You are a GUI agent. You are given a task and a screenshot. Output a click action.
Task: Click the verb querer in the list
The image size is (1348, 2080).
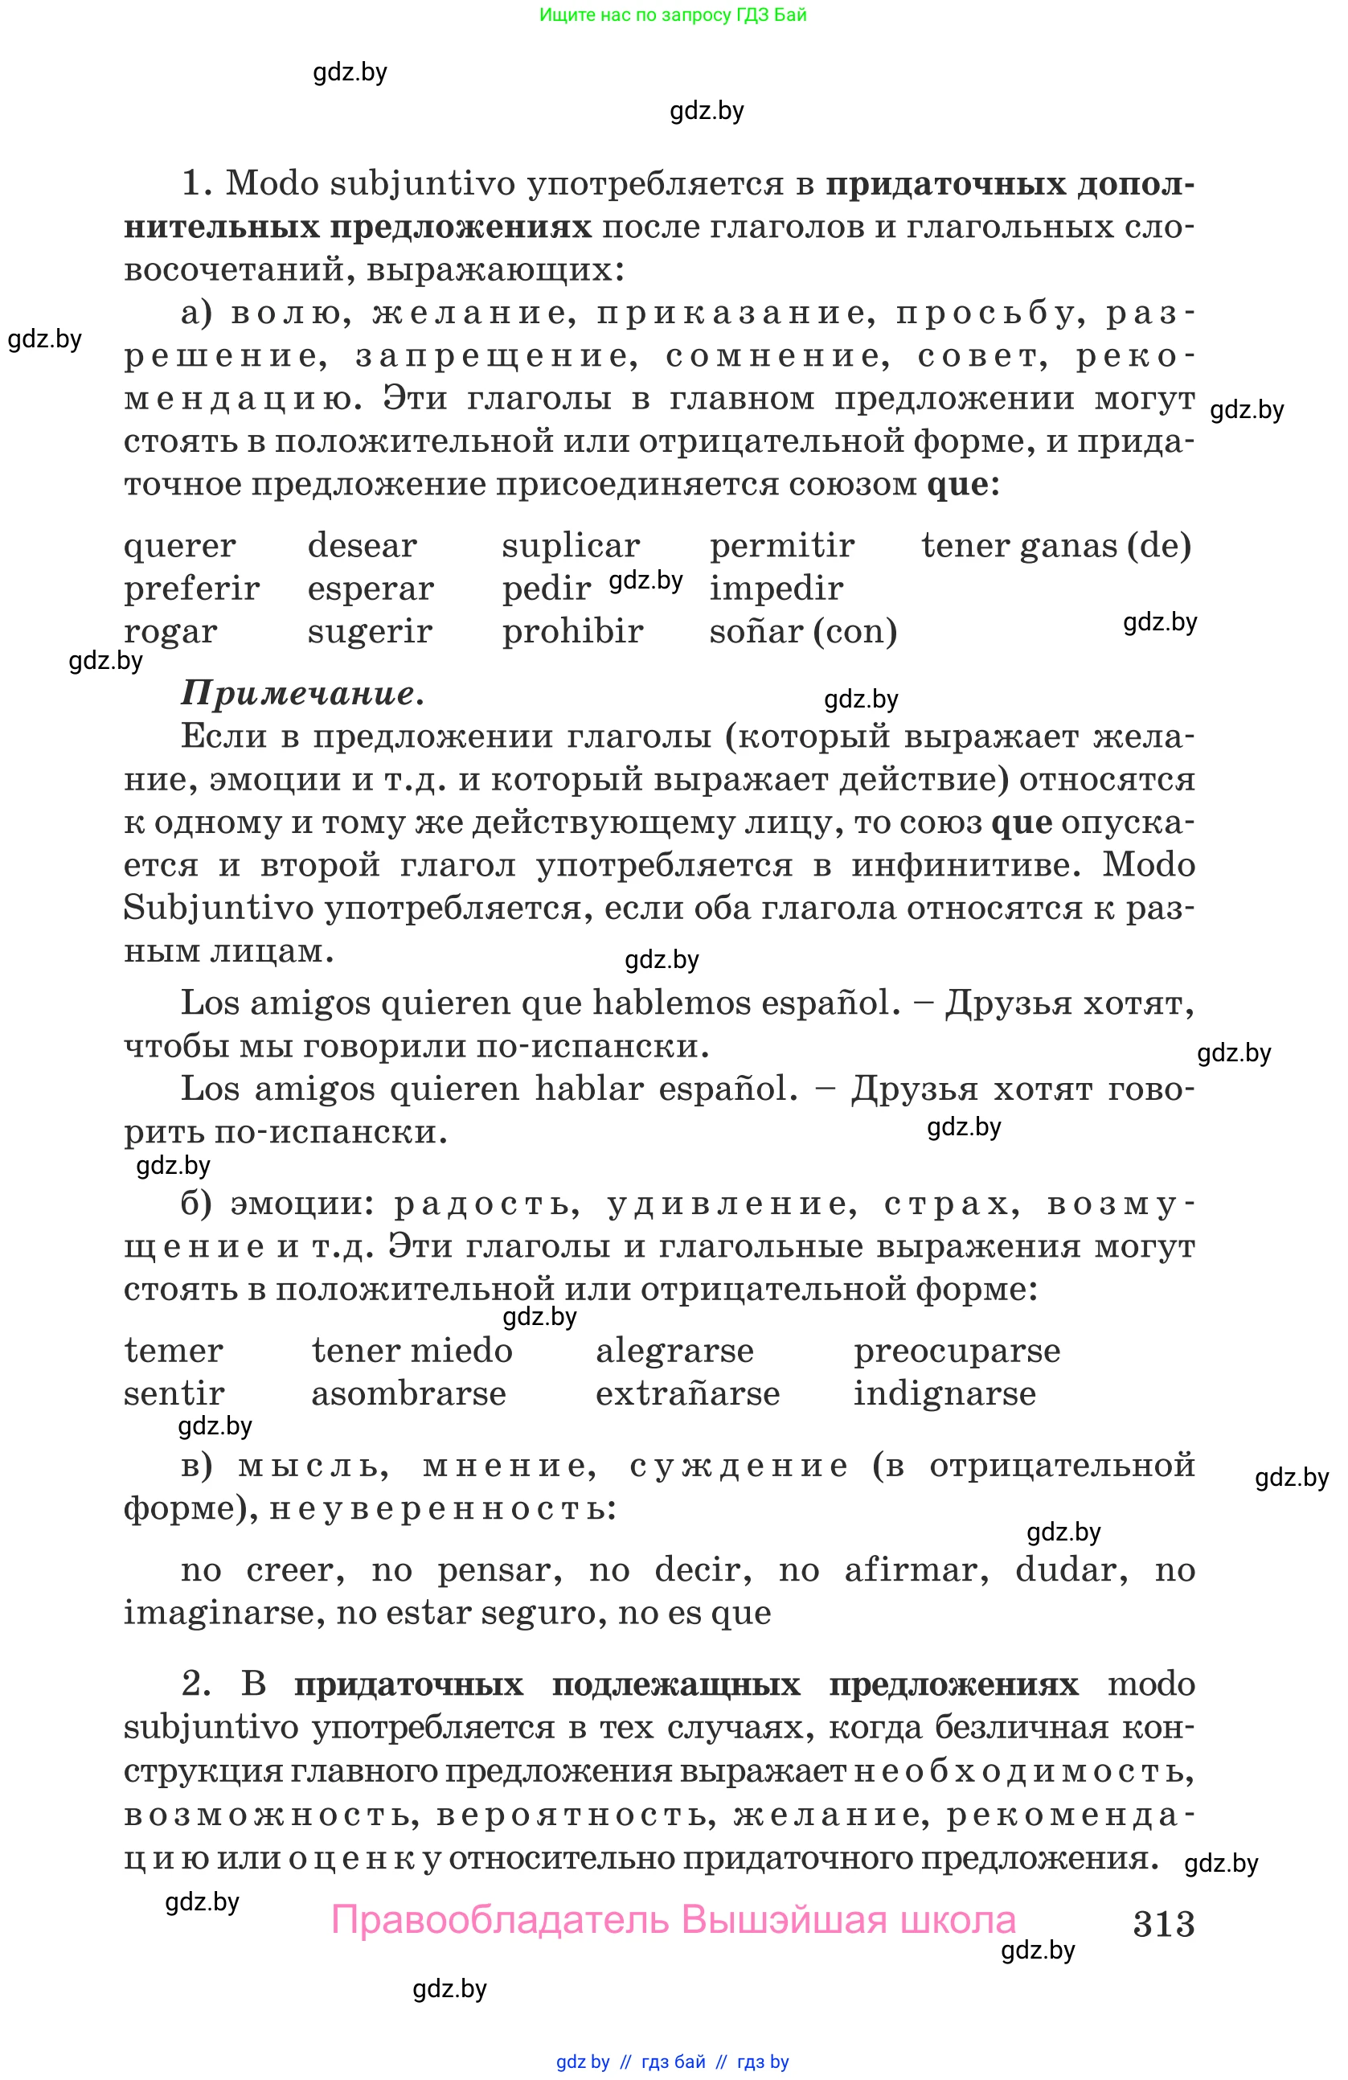(x=179, y=546)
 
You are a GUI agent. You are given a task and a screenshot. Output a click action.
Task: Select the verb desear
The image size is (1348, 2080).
(x=362, y=546)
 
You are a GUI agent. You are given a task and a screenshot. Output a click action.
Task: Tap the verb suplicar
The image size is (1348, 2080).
(x=571, y=546)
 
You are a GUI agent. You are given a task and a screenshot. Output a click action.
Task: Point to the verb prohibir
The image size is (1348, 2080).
(x=572, y=632)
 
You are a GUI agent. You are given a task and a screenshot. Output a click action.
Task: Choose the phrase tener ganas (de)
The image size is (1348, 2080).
(x=1055, y=546)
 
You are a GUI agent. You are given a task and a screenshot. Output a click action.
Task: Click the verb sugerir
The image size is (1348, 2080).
(x=370, y=632)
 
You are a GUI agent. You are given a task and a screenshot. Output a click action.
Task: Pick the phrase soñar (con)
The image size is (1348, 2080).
(x=803, y=632)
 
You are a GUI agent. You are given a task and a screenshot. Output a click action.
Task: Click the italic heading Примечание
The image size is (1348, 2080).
(x=302, y=693)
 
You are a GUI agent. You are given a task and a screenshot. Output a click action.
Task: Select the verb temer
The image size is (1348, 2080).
(x=173, y=1351)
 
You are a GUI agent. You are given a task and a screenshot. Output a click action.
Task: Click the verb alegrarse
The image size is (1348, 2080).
(x=674, y=1351)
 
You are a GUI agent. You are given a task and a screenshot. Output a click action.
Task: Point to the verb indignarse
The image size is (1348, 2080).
(x=944, y=1394)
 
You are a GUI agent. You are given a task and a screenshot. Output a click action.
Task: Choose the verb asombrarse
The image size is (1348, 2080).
(x=409, y=1394)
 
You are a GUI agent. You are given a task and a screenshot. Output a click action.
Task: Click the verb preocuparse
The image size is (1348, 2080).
(x=957, y=1351)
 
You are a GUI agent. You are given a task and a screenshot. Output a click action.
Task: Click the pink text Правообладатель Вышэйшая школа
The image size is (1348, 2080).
(x=674, y=1920)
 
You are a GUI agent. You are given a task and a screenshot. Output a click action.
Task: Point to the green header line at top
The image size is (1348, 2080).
(x=673, y=14)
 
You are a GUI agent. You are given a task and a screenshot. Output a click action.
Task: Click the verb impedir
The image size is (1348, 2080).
(x=776, y=589)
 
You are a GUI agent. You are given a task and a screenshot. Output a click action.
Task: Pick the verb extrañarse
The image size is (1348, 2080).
(x=687, y=1394)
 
